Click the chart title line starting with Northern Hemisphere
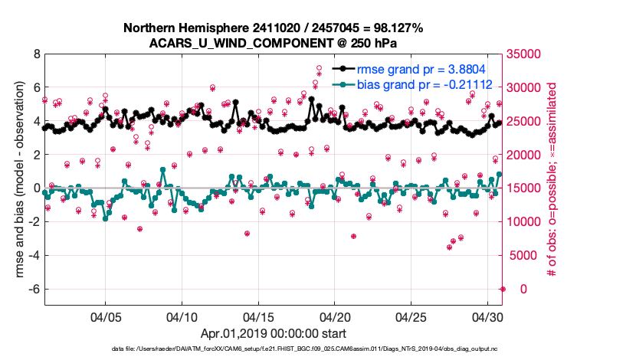pos(274,28)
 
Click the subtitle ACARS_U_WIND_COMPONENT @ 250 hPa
pos(274,43)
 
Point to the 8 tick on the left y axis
pos(36,54)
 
